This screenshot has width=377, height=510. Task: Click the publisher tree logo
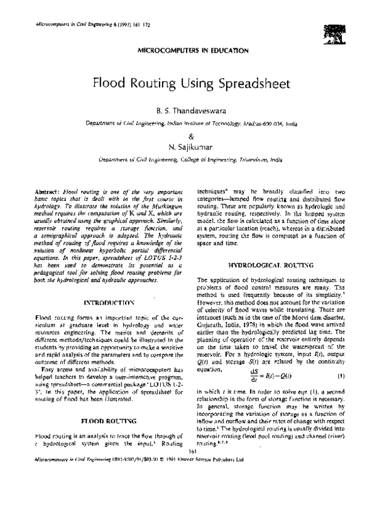(x=334, y=32)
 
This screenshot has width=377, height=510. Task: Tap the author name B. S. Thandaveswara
(x=188, y=111)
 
